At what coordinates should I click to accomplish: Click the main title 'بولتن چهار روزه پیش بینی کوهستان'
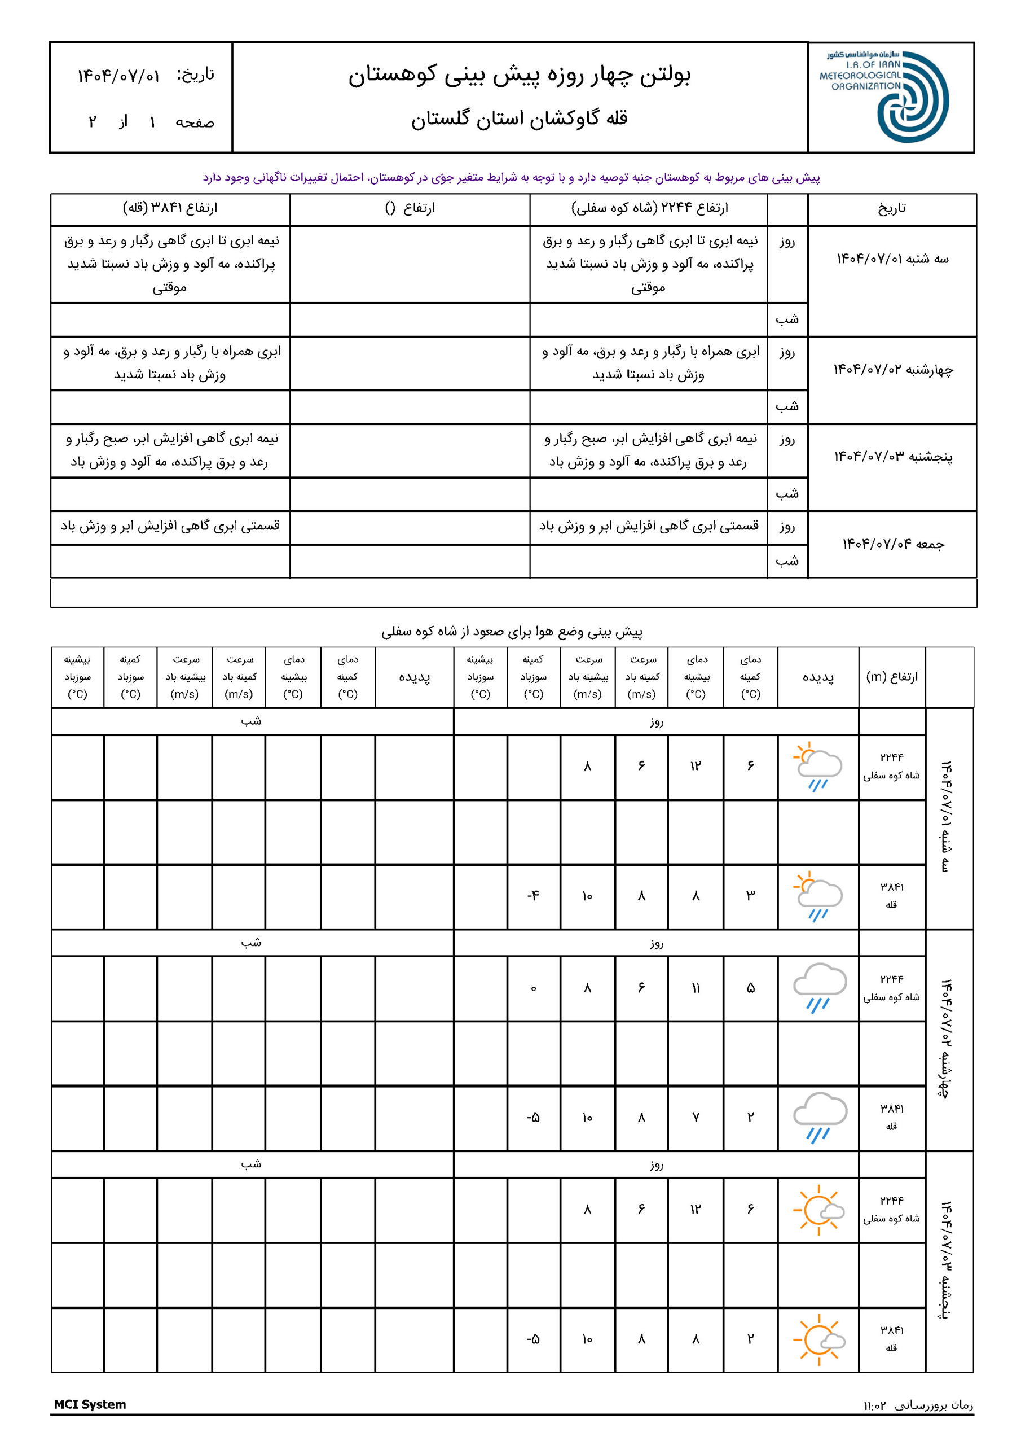[x=520, y=76]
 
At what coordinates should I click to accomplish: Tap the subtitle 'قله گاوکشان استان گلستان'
[x=520, y=119]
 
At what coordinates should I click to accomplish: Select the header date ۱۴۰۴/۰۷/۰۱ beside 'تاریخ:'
[x=118, y=76]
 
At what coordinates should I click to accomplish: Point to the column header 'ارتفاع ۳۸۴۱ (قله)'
[x=170, y=208]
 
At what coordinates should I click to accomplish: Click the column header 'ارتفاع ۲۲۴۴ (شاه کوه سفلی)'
[x=649, y=208]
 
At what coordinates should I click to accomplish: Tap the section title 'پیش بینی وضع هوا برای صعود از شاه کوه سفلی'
[x=512, y=631]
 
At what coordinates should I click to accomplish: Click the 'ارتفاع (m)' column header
[x=891, y=677]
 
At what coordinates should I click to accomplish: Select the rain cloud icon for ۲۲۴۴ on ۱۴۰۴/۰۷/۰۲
[x=818, y=987]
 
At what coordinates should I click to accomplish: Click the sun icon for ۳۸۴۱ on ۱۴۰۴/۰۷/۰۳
[x=818, y=1339]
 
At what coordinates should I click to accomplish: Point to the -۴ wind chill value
[x=533, y=896]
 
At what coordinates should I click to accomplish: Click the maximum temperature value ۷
[x=695, y=1117]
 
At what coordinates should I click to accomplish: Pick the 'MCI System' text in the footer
[x=90, y=1405]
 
